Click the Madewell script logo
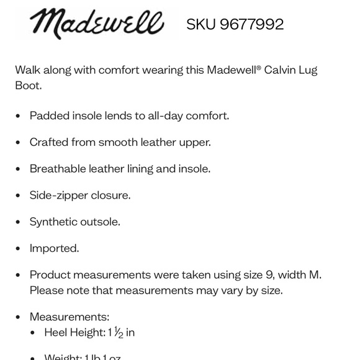pyautogui.click(x=96, y=24)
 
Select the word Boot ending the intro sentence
pyautogui.click(x=27, y=85)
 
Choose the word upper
pyautogui.click(x=196, y=142)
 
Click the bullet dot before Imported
pyautogui.click(x=18, y=249)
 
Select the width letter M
pyautogui.click(x=314, y=274)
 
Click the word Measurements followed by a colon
pyautogui.click(x=68, y=317)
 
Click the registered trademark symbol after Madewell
pyautogui.click(x=258, y=66)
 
